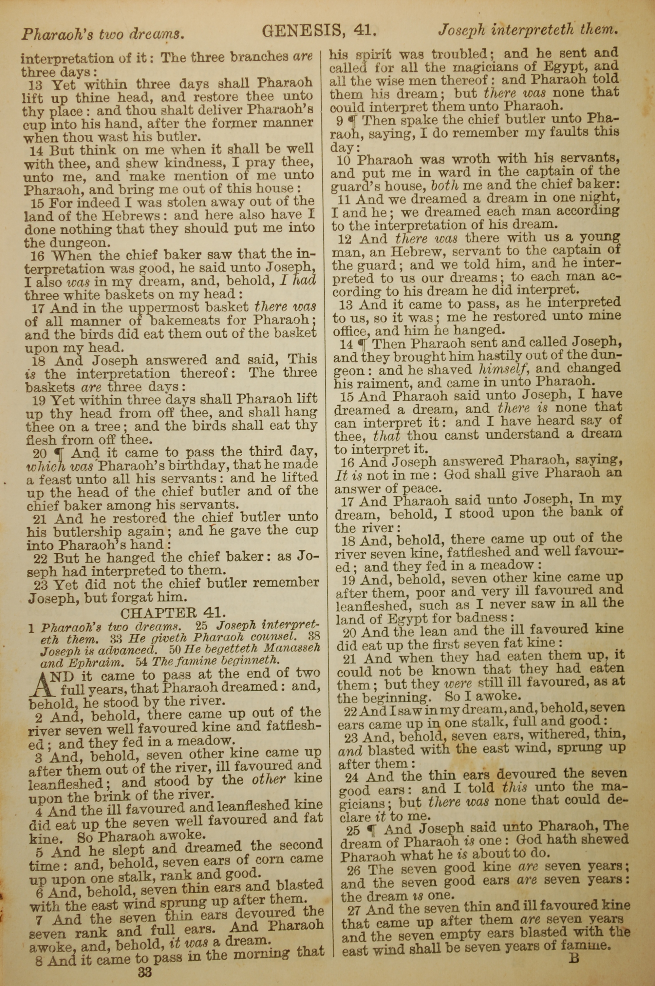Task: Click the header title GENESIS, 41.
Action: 320,30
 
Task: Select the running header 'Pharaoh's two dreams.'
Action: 103,34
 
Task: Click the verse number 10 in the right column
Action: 346,160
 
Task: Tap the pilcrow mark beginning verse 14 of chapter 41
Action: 363,345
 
